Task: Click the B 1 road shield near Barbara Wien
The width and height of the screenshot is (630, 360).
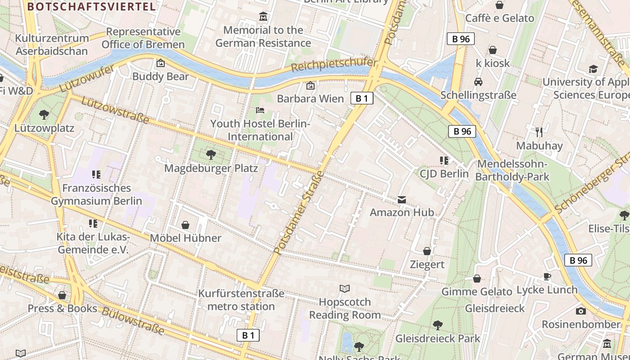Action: pos(362,98)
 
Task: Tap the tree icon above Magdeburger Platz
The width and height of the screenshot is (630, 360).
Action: pos(210,155)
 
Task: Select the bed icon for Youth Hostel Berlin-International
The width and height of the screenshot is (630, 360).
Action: pos(260,110)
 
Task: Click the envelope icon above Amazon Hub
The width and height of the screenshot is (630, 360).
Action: pos(401,199)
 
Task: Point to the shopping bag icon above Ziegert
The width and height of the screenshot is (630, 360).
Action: pos(427,251)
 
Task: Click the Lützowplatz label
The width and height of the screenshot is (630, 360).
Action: pos(44,128)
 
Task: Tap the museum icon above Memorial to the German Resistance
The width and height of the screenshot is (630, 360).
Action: pos(263,17)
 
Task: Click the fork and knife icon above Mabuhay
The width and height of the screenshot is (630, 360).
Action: pos(539,132)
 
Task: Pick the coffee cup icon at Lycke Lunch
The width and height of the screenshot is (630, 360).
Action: pos(547,276)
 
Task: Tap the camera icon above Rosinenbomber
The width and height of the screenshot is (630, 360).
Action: pos(580,311)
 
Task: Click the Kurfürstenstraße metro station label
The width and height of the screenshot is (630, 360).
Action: pos(242,300)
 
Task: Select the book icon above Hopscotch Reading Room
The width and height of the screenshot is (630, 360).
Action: pos(345,288)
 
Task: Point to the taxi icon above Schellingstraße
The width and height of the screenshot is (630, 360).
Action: pos(478,82)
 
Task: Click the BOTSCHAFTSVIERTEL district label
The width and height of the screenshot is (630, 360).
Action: pos(91,6)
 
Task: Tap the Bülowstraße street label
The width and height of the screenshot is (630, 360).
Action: pos(133,321)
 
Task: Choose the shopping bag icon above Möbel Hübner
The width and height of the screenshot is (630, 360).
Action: pos(185,225)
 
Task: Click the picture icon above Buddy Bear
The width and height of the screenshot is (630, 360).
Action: pos(160,63)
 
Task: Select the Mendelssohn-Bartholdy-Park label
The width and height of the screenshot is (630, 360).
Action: pos(512,171)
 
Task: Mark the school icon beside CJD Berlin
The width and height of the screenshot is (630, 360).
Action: pos(444,161)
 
